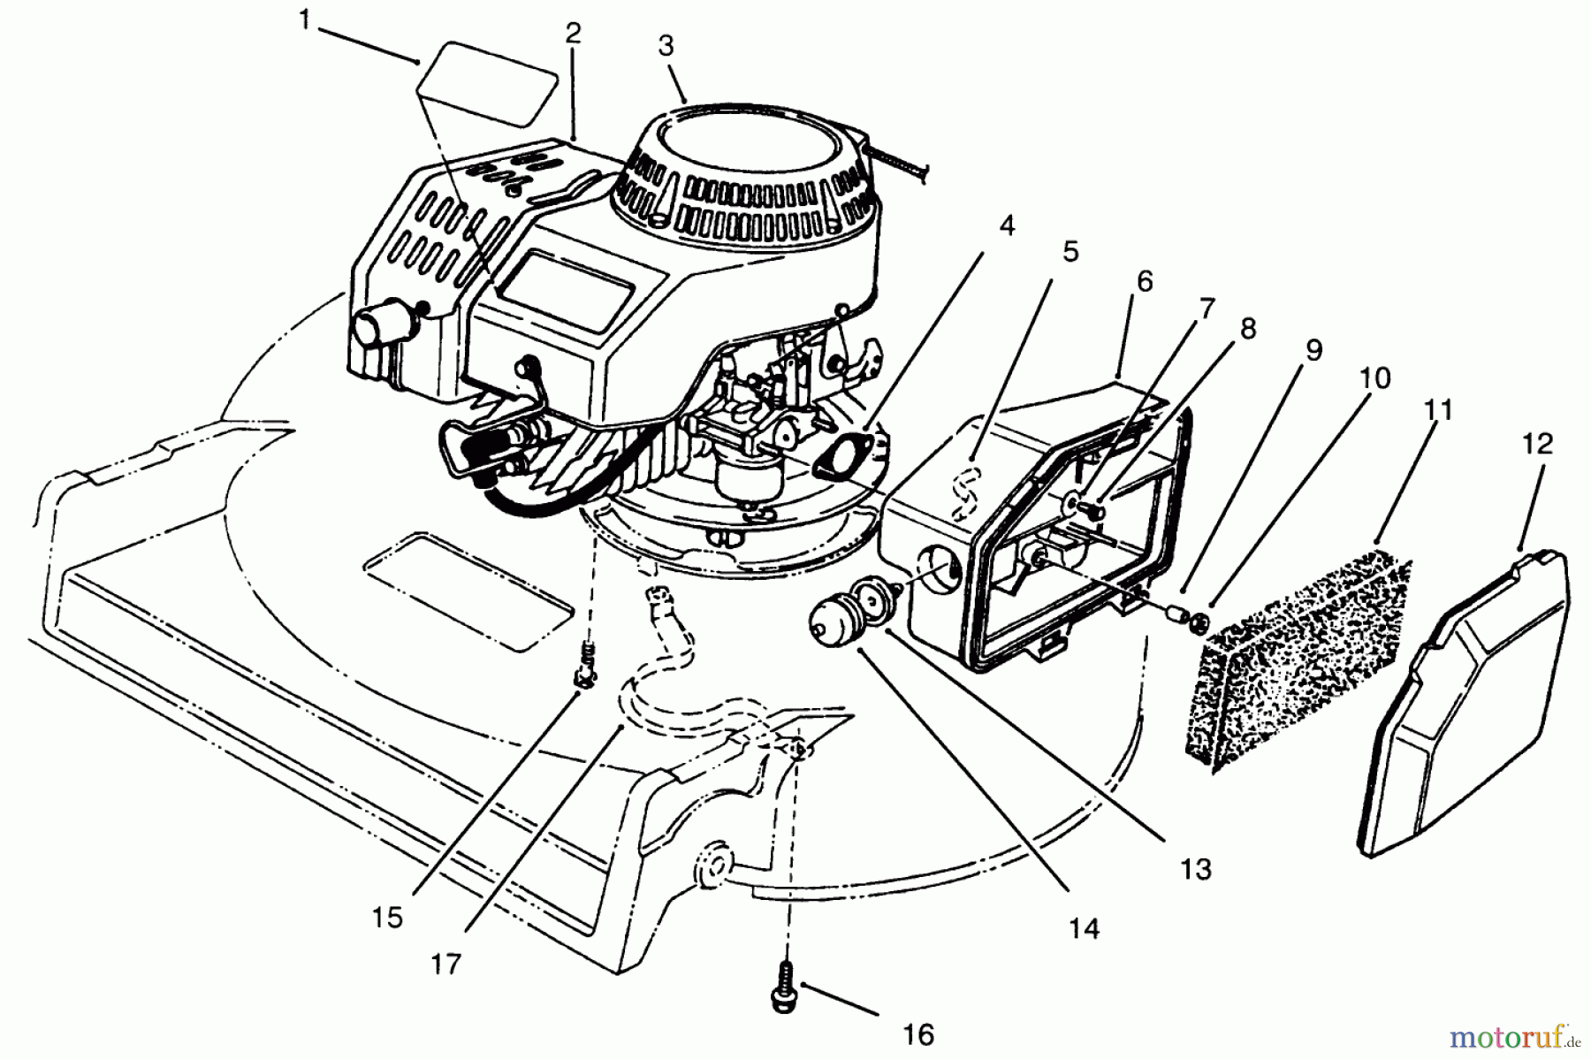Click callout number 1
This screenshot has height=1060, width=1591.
[304, 19]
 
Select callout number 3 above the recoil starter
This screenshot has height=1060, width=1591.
[666, 46]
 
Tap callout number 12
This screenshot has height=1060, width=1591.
[1539, 443]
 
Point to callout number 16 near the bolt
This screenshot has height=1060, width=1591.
[919, 1033]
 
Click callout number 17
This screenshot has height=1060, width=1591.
[447, 964]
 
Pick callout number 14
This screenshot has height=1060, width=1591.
[1084, 927]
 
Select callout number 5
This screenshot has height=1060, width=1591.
[1070, 251]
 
